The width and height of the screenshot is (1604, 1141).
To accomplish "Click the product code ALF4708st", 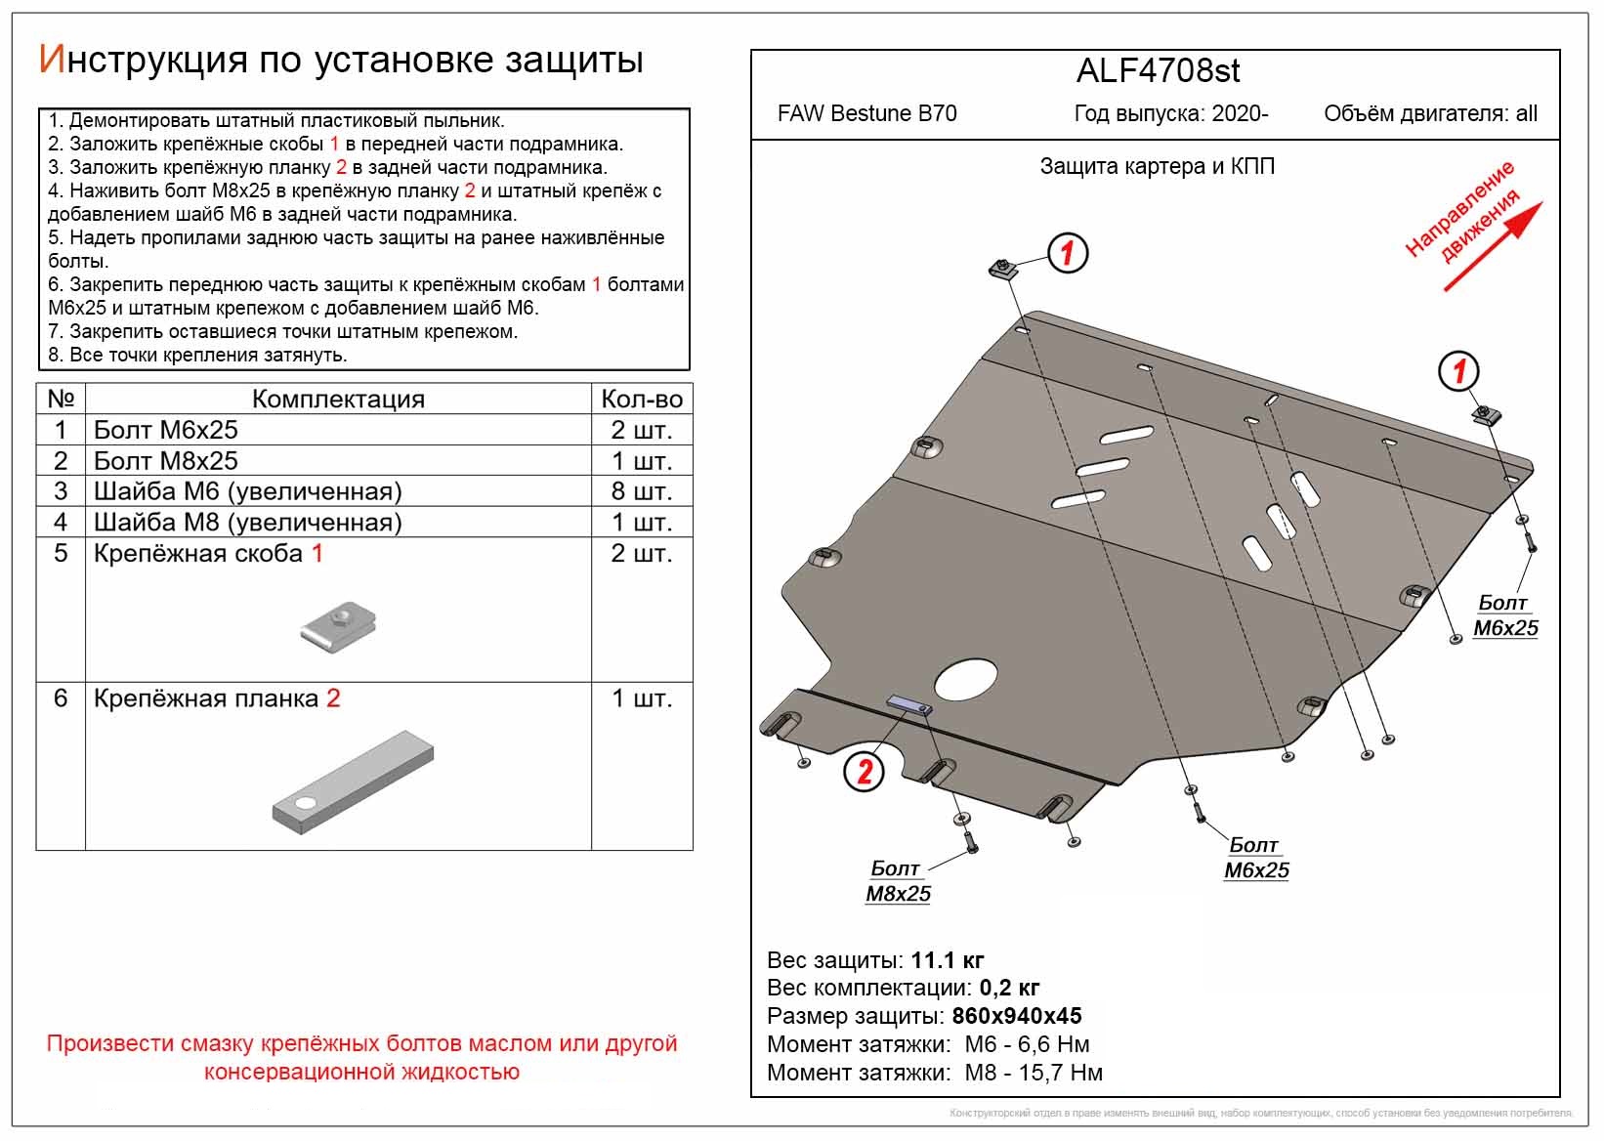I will (1158, 70).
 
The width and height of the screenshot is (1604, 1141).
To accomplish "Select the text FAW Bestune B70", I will (866, 113).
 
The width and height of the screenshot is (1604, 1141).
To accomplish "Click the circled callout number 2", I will (865, 773).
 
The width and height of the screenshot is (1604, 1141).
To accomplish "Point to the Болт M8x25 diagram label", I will (897, 881).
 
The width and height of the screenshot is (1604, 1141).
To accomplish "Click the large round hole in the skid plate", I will (966, 678).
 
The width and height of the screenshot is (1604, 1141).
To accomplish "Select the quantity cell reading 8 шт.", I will (641, 491).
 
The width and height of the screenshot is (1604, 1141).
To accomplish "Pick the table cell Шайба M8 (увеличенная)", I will (247, 523).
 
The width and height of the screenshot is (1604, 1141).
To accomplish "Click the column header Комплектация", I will (338, 399).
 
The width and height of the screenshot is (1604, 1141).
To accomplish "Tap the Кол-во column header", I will (641, 399).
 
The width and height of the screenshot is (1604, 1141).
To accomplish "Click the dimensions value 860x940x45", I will (1017, 1016).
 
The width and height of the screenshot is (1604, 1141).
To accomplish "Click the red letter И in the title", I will (51, 60).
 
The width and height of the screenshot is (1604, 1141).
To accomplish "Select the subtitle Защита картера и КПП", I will (1157, 166).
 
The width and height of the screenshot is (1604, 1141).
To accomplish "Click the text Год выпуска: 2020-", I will (1170, 113).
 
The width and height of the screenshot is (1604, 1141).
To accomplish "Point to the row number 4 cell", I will (61, 523).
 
